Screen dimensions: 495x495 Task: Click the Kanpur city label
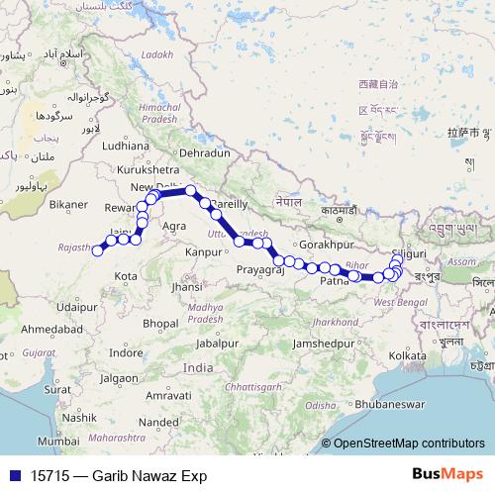[205, 250]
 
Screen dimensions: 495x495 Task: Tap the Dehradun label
[205, 153]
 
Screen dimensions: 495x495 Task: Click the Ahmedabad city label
[48, 328]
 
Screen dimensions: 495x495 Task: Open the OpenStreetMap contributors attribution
[409, 445]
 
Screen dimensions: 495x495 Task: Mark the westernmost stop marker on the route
[98, 250]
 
